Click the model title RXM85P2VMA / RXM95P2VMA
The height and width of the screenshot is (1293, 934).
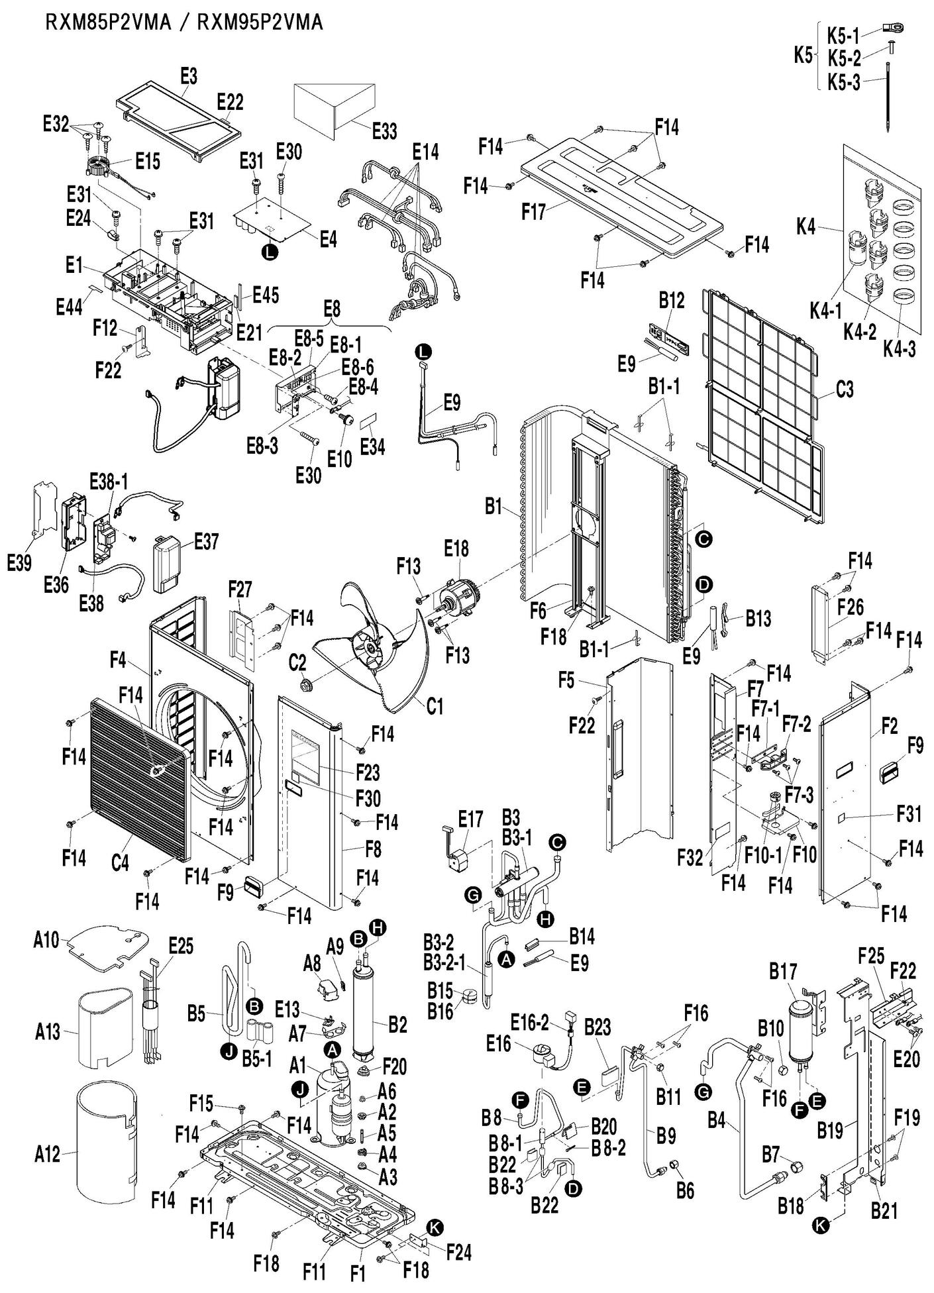pos(183,23)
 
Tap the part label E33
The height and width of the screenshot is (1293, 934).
pos(384,130)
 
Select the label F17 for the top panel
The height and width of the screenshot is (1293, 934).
pos(533,213)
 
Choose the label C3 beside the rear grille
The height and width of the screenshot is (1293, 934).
pos(845,389)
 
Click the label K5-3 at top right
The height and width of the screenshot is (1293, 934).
pos(843,83)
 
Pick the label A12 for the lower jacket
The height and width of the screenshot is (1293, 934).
pos(47,1155)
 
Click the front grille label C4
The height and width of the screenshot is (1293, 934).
pos(120,864)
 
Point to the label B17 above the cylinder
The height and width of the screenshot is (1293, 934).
pos(783,972)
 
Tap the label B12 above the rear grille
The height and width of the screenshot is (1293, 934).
pos(671,300)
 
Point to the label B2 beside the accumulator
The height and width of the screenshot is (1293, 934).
pos(397,1025)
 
